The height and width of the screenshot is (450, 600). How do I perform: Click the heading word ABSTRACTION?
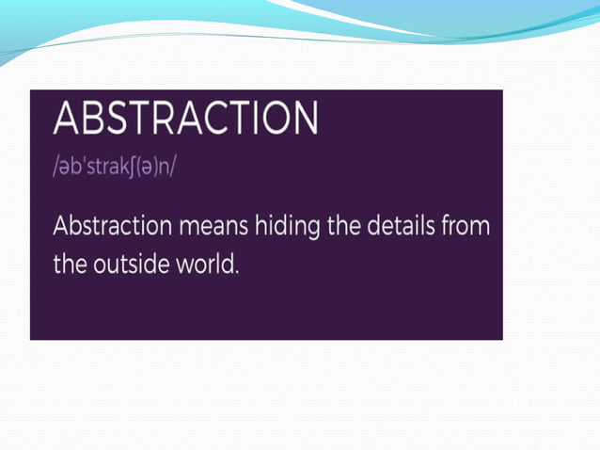pos(185,118)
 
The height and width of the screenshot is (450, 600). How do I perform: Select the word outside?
pos(131,265)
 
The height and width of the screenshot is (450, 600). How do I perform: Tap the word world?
pos(208,265)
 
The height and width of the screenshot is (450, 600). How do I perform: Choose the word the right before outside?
pos(71,265)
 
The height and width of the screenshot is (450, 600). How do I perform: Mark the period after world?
pos(238,271)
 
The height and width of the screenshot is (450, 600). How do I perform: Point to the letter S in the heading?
pos(128,118)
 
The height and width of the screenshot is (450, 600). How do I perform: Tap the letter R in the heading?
pos(179,118)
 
